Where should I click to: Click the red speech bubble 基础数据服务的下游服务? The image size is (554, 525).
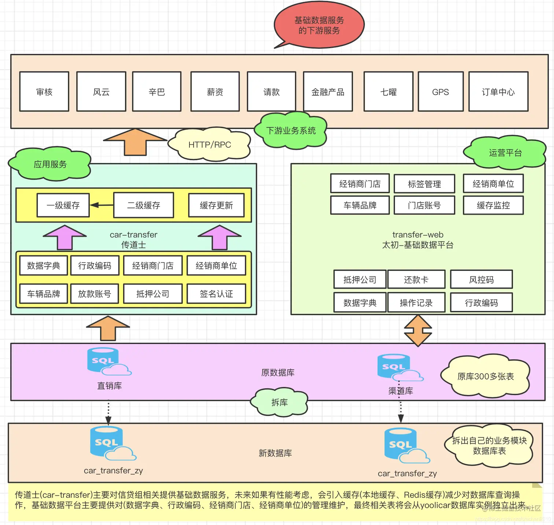[319, 25]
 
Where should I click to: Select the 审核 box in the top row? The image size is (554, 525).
[44, 92]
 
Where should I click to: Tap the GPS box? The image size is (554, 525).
[440, 92]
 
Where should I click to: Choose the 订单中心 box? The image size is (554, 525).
[498, 92]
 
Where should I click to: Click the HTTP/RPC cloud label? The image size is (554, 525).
[210, 144]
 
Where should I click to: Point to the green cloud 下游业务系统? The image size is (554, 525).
[291, 131]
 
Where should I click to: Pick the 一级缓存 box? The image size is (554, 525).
[63, 205]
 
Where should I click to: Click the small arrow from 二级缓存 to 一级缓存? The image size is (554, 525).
[101, 205]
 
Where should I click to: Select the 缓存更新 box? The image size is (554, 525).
[216, 205]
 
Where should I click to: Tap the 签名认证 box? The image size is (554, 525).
[216, 294]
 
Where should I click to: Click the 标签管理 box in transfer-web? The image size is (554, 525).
[424, 184]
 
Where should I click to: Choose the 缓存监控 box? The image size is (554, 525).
[493, 205]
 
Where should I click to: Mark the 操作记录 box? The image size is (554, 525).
[416, 302]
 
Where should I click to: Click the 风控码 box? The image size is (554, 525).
[481, 280]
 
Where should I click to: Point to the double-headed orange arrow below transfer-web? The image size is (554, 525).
[418, 331]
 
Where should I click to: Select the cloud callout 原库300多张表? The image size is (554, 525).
[485, 376]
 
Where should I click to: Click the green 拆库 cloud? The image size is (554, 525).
[279, 402]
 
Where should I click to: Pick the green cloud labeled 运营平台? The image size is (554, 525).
[505, 153]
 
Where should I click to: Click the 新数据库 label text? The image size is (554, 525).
[275, 453]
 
